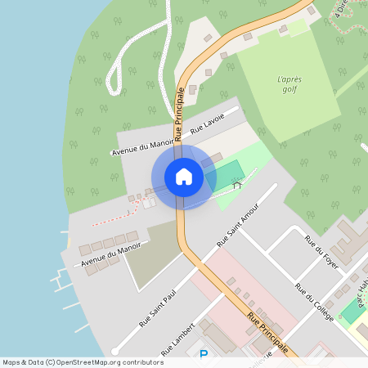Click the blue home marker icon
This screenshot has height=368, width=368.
pos(183,177)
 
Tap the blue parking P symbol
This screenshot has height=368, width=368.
pos(204,354)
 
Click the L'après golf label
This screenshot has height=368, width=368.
pos(289,84)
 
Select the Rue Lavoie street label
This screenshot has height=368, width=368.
pos(207,123)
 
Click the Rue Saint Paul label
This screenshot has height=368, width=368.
pos(158,307)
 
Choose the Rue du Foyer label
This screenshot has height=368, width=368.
pos(321,252)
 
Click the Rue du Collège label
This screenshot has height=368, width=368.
pos(315,303)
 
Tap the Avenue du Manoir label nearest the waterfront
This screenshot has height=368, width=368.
pos(110,254)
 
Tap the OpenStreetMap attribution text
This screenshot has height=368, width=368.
pos(82,361)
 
